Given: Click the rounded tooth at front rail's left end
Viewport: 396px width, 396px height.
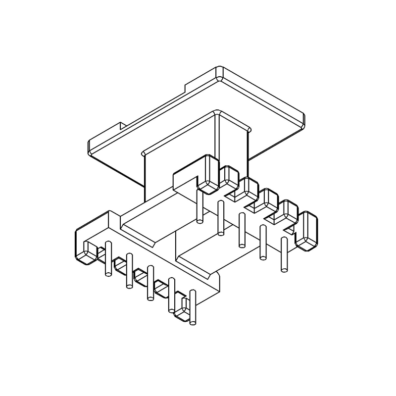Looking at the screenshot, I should pos(85,252).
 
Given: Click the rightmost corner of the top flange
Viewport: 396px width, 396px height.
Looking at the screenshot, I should pos(302,119).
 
